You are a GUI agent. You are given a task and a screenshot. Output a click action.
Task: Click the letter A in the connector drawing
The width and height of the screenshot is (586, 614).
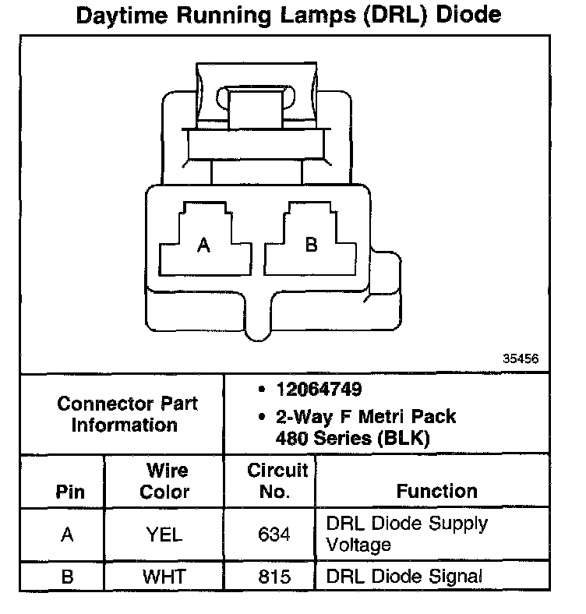(203, 245)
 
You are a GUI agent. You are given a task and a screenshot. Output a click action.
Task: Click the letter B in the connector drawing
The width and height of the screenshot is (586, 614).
(311, 245)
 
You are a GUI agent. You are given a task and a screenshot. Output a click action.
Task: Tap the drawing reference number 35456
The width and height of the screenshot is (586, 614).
(521, 358)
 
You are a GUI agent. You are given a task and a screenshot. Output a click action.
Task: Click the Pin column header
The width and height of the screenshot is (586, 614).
(70, 492)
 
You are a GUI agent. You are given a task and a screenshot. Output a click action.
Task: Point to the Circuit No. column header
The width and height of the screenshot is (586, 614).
(277, 482)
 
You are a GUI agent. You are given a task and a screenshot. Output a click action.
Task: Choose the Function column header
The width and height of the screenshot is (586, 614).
(436, 491)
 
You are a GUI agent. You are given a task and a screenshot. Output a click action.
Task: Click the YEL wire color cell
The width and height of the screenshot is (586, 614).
(164, 535)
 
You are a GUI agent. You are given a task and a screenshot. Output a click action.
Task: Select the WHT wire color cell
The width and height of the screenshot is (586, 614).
(164, 577)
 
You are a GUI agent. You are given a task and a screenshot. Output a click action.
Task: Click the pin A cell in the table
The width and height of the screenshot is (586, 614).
(67, 535)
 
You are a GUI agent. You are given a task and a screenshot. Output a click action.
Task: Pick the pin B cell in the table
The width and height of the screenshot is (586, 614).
(67, 577)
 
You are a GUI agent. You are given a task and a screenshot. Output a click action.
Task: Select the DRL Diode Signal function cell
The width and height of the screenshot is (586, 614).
(404, 577)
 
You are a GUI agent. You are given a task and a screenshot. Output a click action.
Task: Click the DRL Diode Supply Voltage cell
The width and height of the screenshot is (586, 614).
(407, 533)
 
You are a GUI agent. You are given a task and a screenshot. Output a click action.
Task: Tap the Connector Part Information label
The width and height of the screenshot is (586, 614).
(127, 415)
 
